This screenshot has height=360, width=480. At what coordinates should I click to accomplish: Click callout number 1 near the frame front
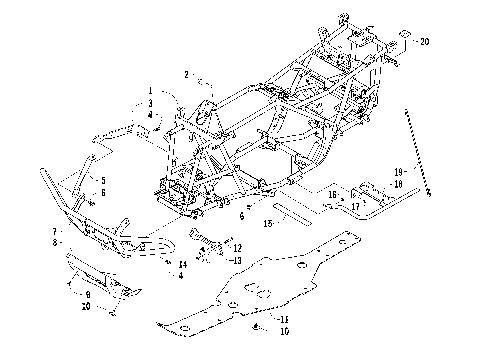tap(151, 92)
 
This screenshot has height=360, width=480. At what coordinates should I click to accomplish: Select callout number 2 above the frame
tap(186, 75)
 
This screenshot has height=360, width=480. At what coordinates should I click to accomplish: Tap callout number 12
tap(236, 246)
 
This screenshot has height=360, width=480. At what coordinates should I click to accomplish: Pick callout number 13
tap(236, 258)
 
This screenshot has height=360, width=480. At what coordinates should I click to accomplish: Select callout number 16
tap(332, 195)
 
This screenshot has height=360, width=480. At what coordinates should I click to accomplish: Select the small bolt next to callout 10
tap(259, 327)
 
